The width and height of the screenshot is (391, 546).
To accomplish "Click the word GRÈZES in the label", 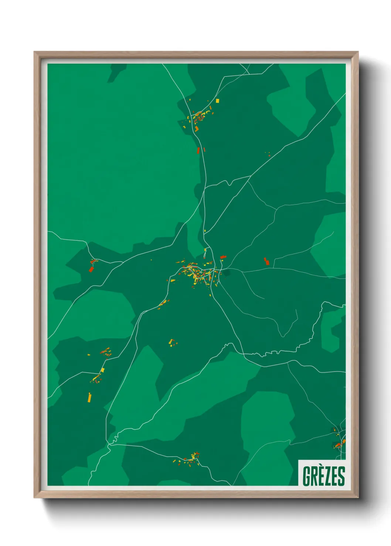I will tap(324, 476).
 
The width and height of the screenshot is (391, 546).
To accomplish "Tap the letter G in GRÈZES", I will tap(306, 476).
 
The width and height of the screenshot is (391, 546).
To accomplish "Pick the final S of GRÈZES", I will tap(341, 476).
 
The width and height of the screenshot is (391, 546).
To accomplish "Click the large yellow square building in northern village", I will tap(217, 100).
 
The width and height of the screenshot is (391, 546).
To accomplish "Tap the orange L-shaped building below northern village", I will tap(197, 129).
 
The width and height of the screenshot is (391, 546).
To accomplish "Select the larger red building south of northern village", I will tap(198, 151).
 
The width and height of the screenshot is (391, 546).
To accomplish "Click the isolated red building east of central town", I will tap(266, 261).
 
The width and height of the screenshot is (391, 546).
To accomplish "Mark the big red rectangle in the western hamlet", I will tap(91, 269).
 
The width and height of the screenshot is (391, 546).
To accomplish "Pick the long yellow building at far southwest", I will tap(89, 398).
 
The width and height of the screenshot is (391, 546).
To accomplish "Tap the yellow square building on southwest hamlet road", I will tap(103, 370).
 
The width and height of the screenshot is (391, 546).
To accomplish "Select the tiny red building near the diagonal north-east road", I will tap(269, 155).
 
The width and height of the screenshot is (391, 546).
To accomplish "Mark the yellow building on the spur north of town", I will tap(205, 250).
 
